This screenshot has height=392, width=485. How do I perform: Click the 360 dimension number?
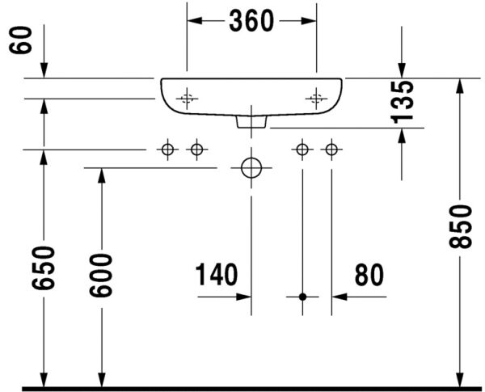tap(251, 22)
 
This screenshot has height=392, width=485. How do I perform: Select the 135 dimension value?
tap(404, 100)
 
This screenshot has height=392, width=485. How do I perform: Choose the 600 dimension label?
tap(101, 275)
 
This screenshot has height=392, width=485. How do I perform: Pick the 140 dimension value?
tap(216, 276)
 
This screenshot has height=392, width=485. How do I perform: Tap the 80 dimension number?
tap(369, 276)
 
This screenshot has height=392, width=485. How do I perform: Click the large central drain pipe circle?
tap(251, 168)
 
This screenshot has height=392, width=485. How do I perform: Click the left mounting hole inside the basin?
tap(187, 99)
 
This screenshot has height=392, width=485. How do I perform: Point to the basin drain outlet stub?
tap(251, 122)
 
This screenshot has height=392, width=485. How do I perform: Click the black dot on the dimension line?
tap(302, 297)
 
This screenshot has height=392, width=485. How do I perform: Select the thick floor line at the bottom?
tap(242, 389)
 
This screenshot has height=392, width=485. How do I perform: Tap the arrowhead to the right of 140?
tap(244, 297)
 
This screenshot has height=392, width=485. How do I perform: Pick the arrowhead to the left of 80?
tap(338, 297)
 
